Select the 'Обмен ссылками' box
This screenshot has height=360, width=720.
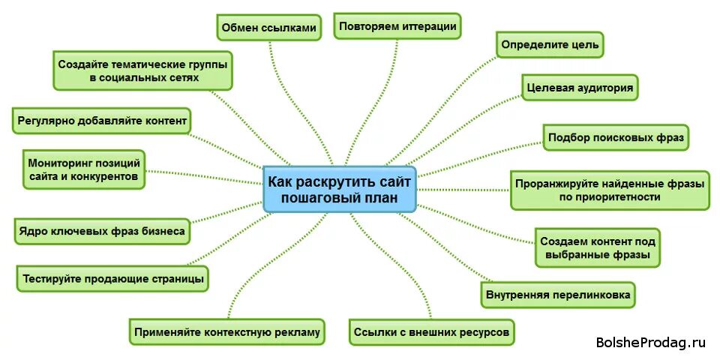pyautogui.click(x=268, y=28)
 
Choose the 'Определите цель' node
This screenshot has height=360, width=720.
pyautogui.click(x=550, y=45)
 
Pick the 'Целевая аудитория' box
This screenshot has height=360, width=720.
pyautogui.click(x=580, y=88)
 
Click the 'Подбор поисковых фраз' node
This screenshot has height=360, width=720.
pyautogui.click(x=615, y=137)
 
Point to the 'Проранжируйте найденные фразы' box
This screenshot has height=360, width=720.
pyautogui.click(x=609, y=190)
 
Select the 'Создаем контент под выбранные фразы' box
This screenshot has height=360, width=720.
pyautogui.click(x=598, y=248)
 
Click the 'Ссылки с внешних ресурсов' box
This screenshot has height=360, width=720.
pyautogui.click(x=433, y=331)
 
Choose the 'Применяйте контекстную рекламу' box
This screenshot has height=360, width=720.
pyautogui.click(x=226, y=331)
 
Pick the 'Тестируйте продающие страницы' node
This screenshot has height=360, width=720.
pyautogui.click(x=112, y=279)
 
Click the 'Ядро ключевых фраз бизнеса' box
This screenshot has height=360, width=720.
pyautogui.click(x=101, y=232)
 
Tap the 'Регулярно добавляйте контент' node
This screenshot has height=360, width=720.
pyautogui.click(x=102, y=121)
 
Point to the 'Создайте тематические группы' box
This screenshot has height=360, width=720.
pyautogui.click(x=143, y=70)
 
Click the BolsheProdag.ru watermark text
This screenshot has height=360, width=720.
pyautogui.click(x=650, y=343)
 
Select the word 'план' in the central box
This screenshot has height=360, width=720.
pyautogui.click(x=378, y=199)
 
